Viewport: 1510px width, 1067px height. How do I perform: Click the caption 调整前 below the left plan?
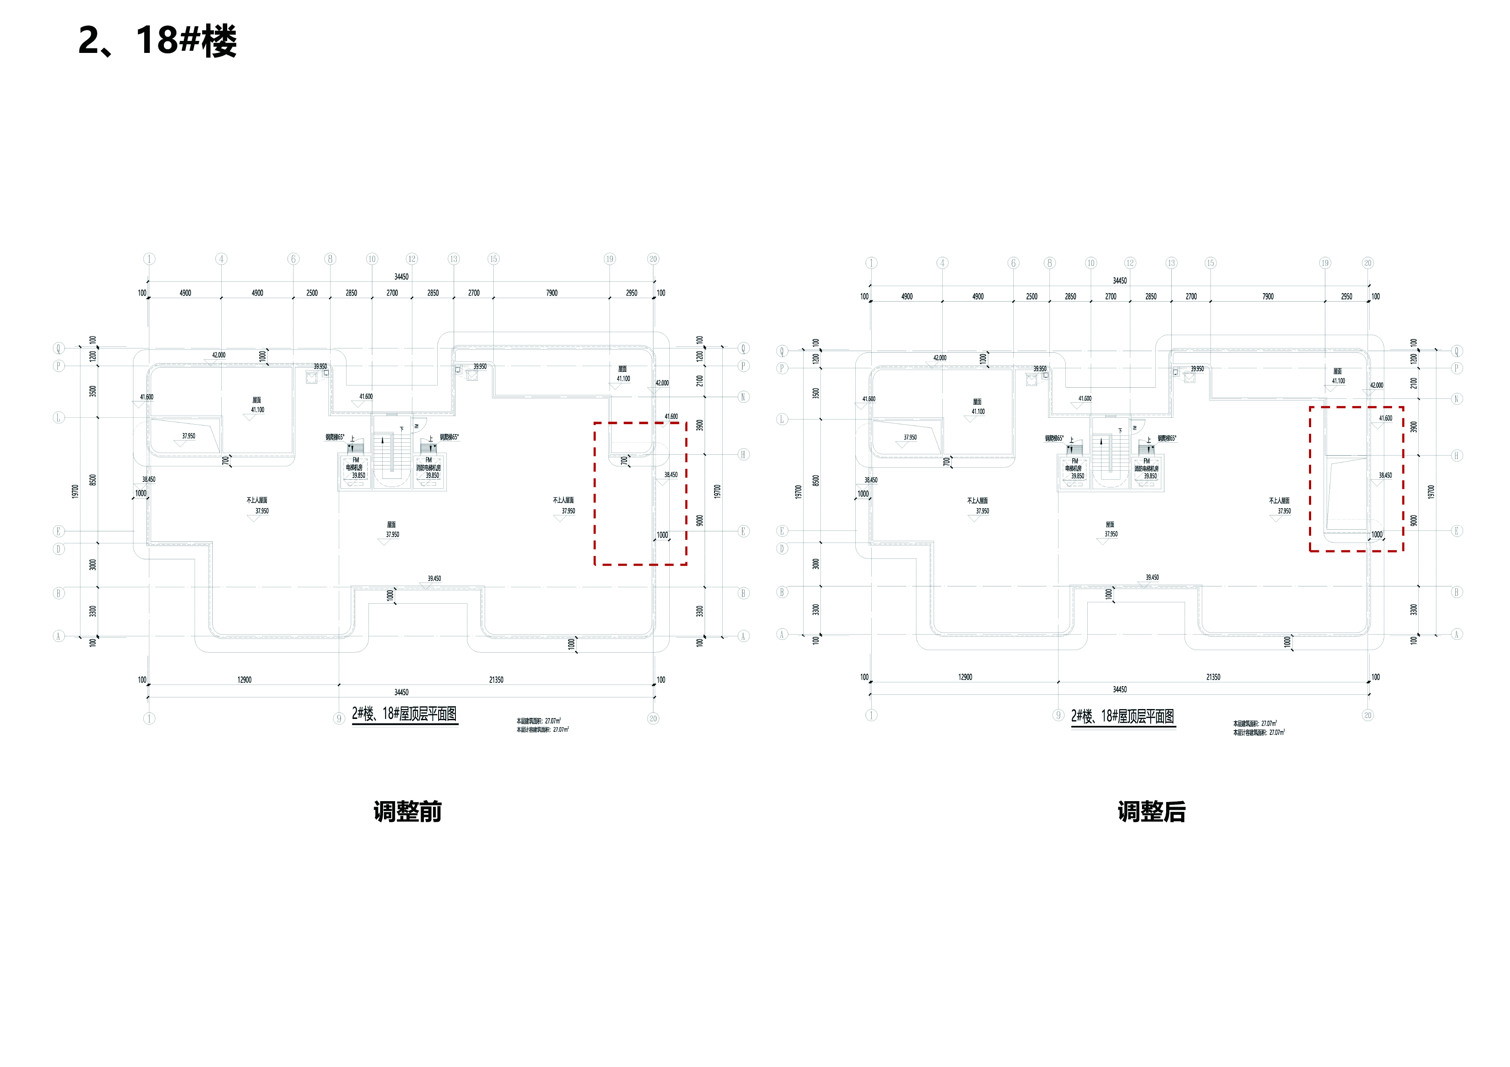point(407,812)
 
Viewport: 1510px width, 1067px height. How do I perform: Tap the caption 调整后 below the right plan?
point(1151,812)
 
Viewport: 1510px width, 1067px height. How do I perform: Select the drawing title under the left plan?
point(405,714)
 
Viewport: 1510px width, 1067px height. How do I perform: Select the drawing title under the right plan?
point(1123,717)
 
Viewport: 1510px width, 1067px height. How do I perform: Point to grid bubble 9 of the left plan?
point(339,719)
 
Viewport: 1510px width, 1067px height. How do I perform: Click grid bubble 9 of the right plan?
point(1058,715)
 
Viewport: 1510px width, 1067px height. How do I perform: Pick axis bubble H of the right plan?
point(1457,456)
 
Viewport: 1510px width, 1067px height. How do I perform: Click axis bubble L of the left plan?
point(59,417)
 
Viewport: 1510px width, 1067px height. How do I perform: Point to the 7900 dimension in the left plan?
point(552,293)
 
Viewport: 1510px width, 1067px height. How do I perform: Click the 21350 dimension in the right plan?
point(1213,677)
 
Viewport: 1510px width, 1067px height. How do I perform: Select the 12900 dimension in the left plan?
point(244,680)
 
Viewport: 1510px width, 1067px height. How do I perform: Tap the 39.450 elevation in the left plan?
point(434,579)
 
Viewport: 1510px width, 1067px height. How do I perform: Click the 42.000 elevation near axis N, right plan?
point(1377,385)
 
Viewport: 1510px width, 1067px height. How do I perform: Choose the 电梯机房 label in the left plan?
point(355,467)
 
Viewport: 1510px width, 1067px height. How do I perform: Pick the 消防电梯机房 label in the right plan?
point(1146,469)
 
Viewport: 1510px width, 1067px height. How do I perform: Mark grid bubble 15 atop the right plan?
point(1210,263)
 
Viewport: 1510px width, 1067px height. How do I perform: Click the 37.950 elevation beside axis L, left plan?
point(189,436)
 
